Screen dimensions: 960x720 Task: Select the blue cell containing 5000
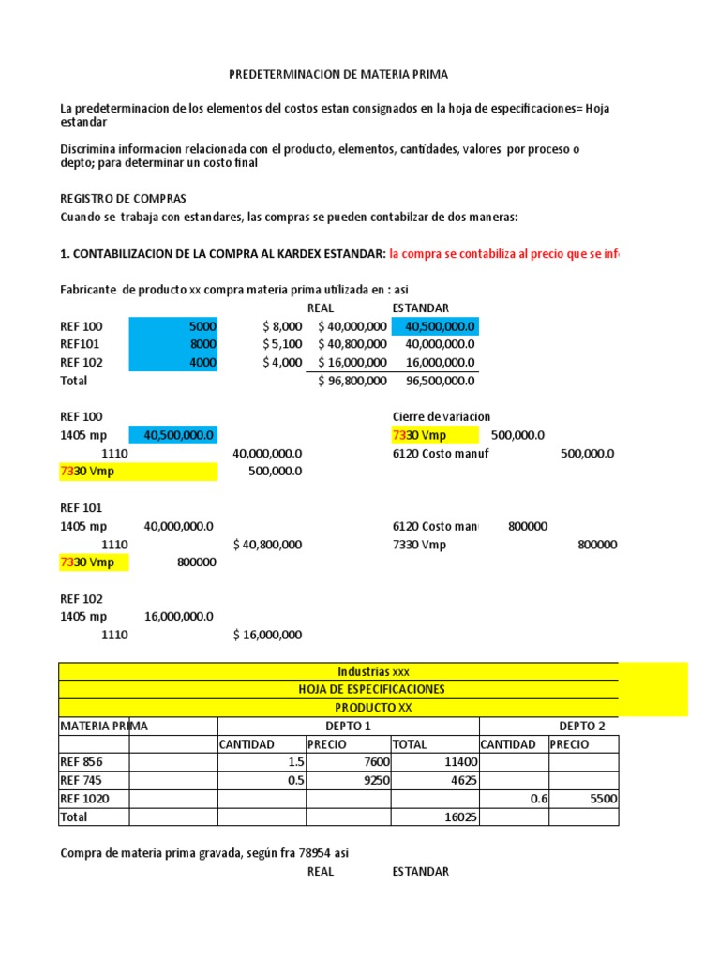[173, 326]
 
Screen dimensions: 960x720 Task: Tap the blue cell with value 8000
[173, 344]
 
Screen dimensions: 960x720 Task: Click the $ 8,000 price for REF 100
[282, 326]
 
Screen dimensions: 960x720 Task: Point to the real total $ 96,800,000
[352, 381]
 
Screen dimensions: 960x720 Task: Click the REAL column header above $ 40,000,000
[321, 308]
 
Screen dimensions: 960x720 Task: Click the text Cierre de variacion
[441, 416]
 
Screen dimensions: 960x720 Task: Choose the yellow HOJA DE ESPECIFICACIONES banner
[372, 689]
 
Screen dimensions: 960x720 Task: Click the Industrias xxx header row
[372, 671]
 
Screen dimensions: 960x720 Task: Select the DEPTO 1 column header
[348, 726]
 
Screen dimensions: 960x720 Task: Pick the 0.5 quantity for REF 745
[295, 781]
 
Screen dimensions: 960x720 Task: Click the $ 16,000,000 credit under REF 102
[267, 635]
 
